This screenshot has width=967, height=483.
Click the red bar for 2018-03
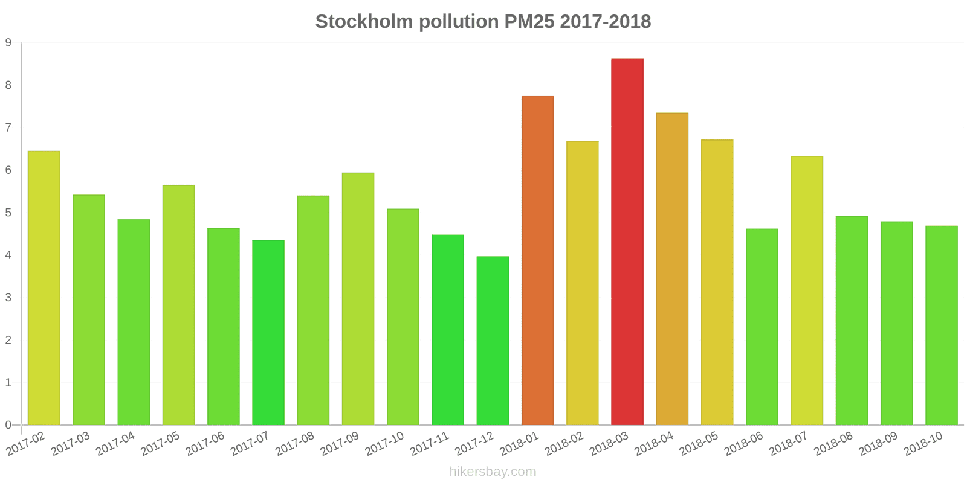[627, 241]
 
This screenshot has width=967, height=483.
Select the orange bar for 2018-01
[537, 260]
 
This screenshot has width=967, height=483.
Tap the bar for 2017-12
[493, 341]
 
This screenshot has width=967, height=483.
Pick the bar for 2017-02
[44, 288]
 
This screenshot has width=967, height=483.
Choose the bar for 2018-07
[806, 290]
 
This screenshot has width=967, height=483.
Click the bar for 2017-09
[358, 299]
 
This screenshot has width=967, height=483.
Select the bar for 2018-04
[672, 269]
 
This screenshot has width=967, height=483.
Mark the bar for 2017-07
[268, 333]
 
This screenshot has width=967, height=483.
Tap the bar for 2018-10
[941, 325]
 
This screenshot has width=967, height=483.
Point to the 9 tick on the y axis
[8, 43]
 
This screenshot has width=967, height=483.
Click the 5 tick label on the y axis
[8, 213]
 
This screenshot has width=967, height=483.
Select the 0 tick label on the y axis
[8, 425]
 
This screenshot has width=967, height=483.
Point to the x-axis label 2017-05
[160, 444]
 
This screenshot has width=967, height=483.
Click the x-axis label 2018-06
[743, 444]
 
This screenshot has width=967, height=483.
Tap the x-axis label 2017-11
[429, 444]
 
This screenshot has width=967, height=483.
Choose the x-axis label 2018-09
[878, 444]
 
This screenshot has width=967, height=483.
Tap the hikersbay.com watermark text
[493, 472]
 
